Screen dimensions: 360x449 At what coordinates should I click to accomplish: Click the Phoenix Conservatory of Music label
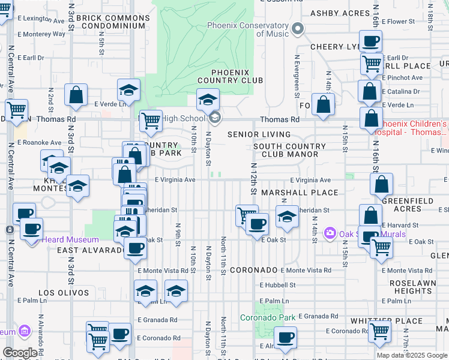[248, 29]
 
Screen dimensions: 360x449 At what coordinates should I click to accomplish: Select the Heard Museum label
[65, 240]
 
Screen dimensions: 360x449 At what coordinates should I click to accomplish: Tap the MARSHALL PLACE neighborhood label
[300, 193]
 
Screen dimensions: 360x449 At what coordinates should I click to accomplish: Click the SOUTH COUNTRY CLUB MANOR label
[286, 150]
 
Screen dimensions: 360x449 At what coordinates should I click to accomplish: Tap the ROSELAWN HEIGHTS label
[411, 286]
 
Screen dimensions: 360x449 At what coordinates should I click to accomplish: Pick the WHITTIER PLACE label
[379, 321]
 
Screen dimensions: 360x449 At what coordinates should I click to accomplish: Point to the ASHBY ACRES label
[339, 13]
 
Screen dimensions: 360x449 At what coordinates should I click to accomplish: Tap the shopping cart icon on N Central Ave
[16, 110]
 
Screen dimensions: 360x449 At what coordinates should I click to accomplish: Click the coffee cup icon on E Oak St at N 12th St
[257, 224]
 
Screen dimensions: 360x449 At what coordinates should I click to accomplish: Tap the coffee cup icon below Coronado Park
[286, 337]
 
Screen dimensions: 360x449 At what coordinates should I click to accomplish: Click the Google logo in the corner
[20, 353]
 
